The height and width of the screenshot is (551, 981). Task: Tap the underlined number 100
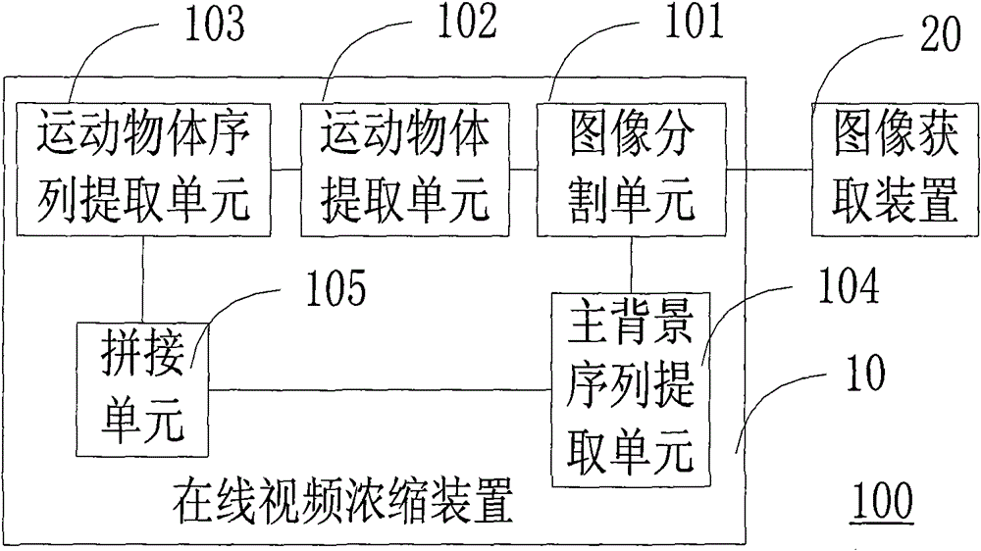point(883,503)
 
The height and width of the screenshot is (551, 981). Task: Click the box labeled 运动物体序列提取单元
point(144,169)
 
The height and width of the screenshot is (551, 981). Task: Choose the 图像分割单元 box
point(631,169)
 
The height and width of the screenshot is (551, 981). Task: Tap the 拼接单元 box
point(142,394)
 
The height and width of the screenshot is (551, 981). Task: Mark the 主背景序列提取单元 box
point(632,389)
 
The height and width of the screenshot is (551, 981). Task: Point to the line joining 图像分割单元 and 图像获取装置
point(769,169)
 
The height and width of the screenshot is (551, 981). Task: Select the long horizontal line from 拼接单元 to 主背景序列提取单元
point(379,390)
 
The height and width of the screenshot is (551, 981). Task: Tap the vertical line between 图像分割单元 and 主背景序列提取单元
point(631,264)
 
